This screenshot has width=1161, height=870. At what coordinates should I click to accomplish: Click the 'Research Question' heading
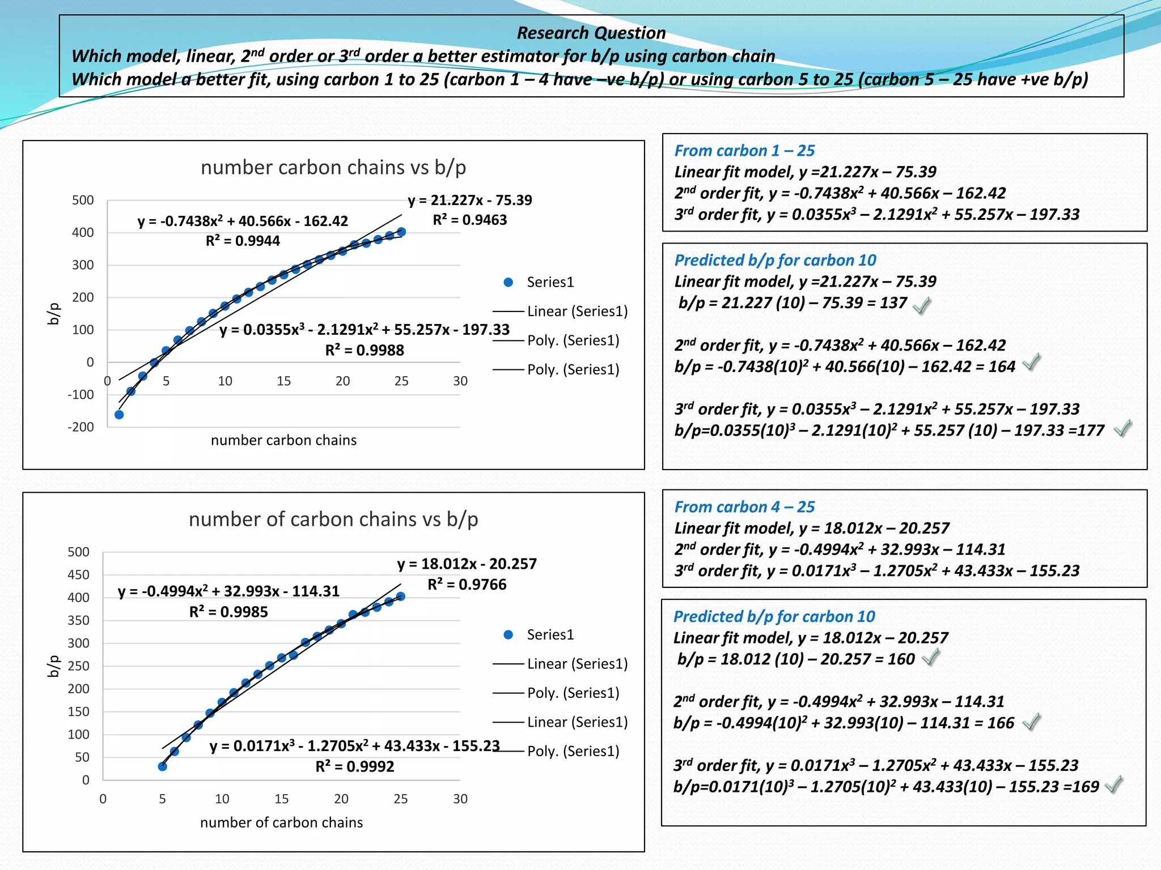point(591,33)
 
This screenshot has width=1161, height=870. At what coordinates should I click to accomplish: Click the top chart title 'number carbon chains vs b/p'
point(333,168)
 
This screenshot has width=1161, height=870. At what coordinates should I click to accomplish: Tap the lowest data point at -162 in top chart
point(119,415)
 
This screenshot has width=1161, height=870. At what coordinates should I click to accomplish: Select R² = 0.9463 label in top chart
point(470,220)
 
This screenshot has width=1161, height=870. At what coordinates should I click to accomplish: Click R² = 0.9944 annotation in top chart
point(243,241)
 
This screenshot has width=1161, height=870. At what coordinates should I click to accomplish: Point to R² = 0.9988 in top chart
point(365,350)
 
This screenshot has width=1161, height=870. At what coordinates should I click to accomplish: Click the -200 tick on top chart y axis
point(81,427)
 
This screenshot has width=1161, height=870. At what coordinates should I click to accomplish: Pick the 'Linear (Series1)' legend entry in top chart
point(577,311)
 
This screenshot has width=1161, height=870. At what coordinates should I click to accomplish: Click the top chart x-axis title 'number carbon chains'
point(283,440)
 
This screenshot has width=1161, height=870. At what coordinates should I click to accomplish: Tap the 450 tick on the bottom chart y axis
point(78,575)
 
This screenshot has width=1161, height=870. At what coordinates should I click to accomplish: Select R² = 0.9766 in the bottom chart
point(467,584)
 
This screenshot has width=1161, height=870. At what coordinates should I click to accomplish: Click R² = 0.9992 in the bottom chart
point(355,766)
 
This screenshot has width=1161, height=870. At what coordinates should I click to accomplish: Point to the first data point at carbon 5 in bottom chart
point(163,766)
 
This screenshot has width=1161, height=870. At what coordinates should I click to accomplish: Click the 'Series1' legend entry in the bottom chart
point(550,634)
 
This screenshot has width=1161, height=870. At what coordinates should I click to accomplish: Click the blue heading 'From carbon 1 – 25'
point(744,151)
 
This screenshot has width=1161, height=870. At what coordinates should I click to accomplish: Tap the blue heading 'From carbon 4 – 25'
point(744,507)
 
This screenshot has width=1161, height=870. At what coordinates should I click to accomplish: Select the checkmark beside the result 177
point(1122,428)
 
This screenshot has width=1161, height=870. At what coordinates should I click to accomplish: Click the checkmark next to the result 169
point(1114,784)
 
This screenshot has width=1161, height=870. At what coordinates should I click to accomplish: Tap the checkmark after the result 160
point(930,658)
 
